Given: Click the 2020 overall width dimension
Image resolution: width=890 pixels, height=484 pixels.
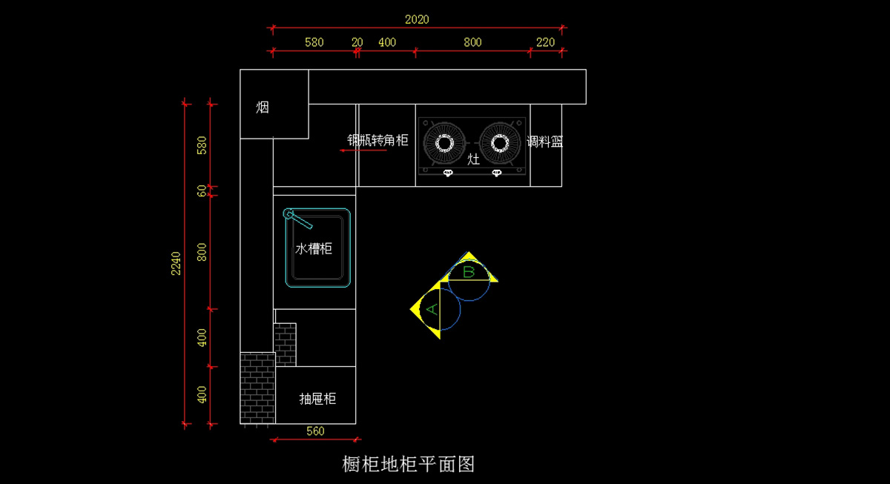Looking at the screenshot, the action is coord(417,20).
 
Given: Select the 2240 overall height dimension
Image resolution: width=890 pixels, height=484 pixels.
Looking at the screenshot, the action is coord(176,263).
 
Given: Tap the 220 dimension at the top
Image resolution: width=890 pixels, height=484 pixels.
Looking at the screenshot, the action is coord(545,42).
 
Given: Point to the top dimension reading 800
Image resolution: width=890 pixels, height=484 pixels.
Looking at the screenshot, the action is coord(472,42).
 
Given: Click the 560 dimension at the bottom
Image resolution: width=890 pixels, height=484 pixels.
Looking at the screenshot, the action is coord(315,431).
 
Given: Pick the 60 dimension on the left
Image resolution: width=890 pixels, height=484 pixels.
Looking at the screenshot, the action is coord(202,190).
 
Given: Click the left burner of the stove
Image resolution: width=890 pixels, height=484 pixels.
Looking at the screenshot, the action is coord(444,142).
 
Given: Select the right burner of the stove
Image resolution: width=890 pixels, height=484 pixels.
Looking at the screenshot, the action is coord(499,142).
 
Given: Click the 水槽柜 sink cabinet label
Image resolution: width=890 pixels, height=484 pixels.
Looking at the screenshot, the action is coord(314,249).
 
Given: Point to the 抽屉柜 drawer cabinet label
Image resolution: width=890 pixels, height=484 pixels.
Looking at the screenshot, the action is coord(317,399).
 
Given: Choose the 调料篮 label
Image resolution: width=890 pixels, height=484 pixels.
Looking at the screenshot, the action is coord(545,142).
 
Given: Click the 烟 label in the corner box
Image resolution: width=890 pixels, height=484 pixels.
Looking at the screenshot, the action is coord(263,107).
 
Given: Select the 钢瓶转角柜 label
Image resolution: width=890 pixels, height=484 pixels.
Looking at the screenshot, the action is coord(378,140).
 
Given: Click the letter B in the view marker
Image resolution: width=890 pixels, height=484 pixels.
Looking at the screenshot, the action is coord(469,272).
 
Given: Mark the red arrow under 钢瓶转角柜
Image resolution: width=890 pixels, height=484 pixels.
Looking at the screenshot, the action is coord(363,150).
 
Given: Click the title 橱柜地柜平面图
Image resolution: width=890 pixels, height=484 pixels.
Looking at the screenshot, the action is coord(408,464).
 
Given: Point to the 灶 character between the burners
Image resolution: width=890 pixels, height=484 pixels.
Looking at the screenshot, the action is coord(473,159).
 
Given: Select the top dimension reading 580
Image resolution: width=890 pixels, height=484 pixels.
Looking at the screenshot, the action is coord(314,42).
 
